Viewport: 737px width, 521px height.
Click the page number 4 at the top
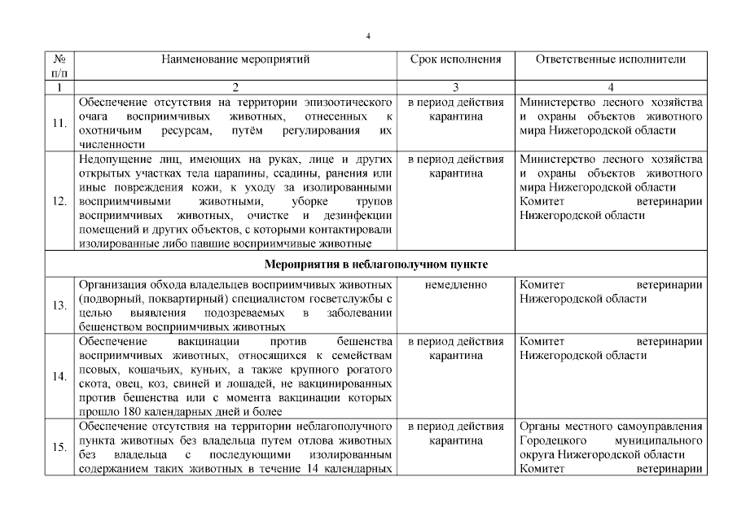pos(368,36)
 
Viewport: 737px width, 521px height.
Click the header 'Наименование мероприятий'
pos(235,59)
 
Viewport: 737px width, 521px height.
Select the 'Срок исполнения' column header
pos(455,59)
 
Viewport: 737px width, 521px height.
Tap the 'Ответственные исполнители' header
pos(611,59)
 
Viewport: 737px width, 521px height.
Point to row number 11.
pos(59,123)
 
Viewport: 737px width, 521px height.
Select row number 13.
pos(59,305)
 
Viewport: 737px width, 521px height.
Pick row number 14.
pos(59,376)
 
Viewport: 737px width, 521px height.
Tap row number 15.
pos(59,447)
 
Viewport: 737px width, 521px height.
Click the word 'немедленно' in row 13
pos(456,285)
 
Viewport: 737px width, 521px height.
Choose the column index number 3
pos(456,86)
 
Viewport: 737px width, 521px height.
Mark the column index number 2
pos(235,86)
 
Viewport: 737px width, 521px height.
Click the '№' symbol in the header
pos(59,59)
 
